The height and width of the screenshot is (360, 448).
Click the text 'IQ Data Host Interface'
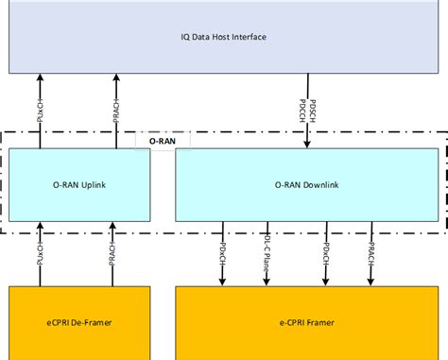coord(223,37)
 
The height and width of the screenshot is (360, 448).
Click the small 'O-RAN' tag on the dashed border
coord(164,139)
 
